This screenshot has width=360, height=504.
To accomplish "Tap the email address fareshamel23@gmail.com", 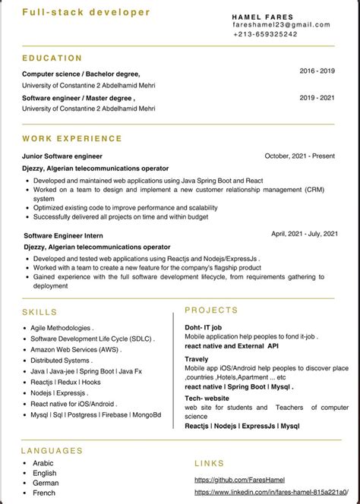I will click(x=282, y=25).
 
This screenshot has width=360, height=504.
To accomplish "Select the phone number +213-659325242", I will click(x=265, y=34).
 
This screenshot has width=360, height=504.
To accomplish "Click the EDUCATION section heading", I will click(x=52, y=58).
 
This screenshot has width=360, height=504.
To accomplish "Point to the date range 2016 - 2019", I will click(x=317, y=71).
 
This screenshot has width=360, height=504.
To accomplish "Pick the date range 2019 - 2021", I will click(x=317, y=98).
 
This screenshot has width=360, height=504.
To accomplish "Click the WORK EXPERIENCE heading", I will click(x=72, y=139).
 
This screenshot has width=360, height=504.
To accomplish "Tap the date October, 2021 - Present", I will click(x=299, y=156).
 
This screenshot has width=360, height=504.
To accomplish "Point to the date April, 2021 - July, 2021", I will click(x=304, y=234).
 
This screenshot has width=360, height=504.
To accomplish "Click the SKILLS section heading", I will click(x=39, y=312).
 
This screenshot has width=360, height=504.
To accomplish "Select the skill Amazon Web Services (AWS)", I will click(x=75, y=349).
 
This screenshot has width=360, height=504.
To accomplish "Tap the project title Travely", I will click(x=197, y=359).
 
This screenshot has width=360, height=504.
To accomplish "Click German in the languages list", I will click(x=45, y=483).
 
